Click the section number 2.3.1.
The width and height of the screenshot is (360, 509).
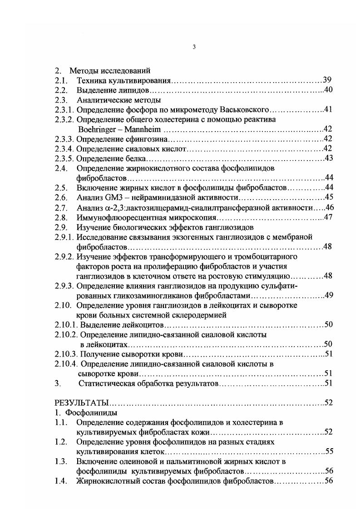pos(64,109)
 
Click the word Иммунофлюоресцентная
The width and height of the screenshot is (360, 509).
pos(115,217)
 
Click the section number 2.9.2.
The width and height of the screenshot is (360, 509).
pos(64,256)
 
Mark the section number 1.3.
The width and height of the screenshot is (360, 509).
pos(61,461)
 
